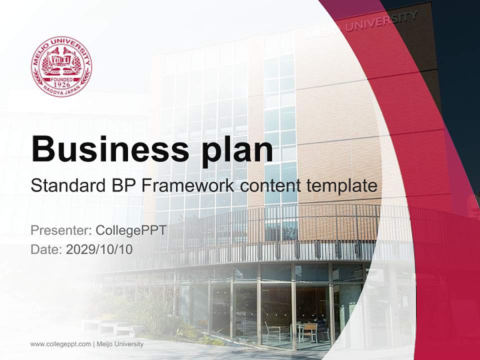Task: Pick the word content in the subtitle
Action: tap(269, 186)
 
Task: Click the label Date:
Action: tap(46, 249)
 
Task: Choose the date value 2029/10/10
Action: tap(99, 249)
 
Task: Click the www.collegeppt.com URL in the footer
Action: tap(60, 344)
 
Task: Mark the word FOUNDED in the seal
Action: tap(61, 79)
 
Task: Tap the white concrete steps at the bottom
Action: tap(107, 327)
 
